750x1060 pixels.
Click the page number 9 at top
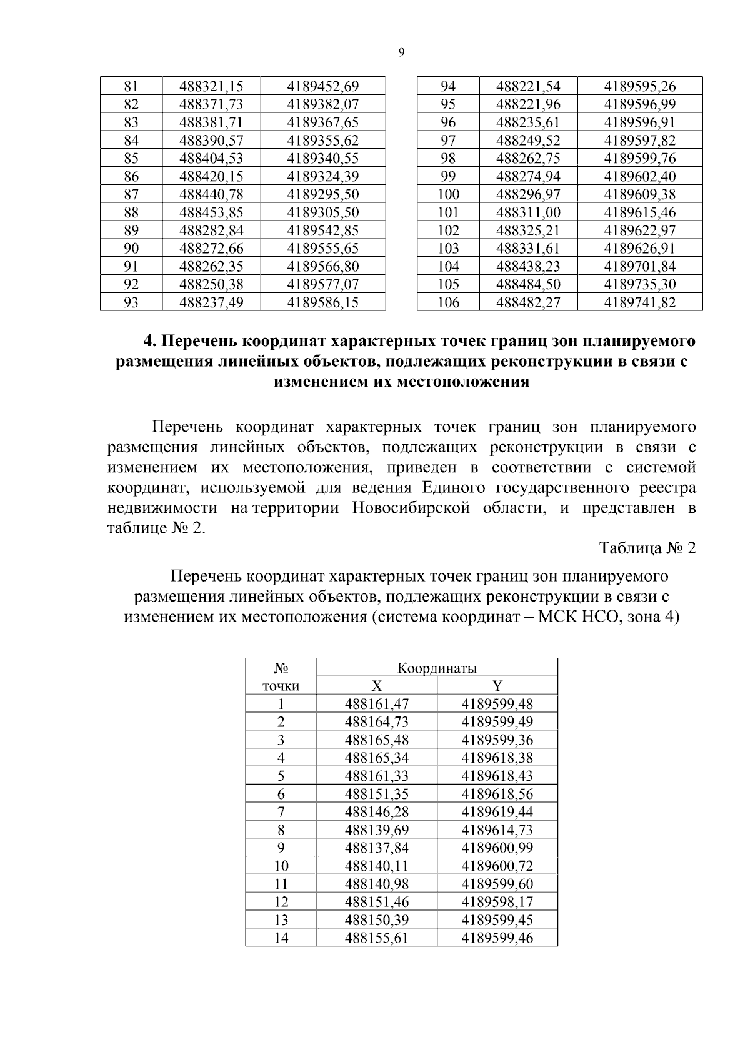click(401, 53)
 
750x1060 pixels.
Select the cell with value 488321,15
click(211, 86)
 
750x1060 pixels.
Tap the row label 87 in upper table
click(131, 194)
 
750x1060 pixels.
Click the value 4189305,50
click(322, 212)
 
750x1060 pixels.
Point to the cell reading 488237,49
click(211, 303)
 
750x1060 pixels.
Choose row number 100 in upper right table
click(448, 194)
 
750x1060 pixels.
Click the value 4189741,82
click(639, 303)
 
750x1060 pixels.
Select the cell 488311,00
click(528, 212)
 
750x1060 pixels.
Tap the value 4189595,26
click(639, 86)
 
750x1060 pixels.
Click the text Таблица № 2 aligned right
click(647, 548)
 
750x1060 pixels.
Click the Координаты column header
click(437, 668)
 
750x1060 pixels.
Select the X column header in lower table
click(377, 686)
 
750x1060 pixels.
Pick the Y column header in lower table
click(497, 686)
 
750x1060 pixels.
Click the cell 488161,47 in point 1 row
click(377, 704)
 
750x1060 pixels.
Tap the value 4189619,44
click(497, 812)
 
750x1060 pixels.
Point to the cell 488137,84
click(377, 848)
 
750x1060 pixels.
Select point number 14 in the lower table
click(281, 938)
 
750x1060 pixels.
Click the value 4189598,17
click(497, 902)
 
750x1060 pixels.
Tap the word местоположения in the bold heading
click(464, 382)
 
